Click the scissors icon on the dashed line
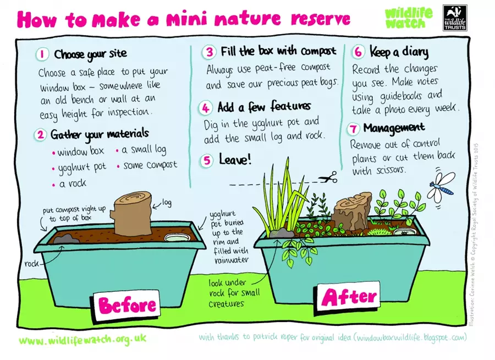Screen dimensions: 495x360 coord(328,178)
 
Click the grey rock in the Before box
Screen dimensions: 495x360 coord(67,239)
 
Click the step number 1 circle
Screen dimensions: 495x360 coord(42,54)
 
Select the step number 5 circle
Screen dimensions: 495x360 coord(207,160)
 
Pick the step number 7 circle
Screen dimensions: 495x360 coord(354,129)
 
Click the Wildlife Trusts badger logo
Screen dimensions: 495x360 coord(455,18)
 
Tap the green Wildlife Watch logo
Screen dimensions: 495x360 coord(409,18)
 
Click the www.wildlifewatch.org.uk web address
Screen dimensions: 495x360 coord(82,340)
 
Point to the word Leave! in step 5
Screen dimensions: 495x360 coord(235,159)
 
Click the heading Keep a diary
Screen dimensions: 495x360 coord(399,52)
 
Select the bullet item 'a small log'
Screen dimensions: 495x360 coord(141,150)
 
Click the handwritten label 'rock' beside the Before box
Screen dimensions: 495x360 coord(31,263)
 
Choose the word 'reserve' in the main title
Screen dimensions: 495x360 coord(321,19)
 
